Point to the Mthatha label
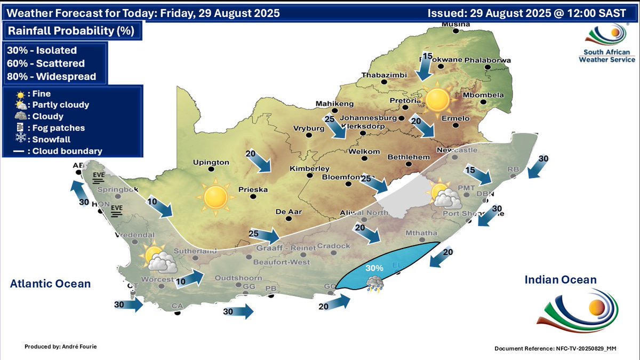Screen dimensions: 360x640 [421, 233]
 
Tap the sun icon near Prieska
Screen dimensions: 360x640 [215, 197]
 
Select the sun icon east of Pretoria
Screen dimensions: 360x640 [438, 99]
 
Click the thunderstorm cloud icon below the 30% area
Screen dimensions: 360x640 [375, 283]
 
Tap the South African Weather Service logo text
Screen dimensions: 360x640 [604, 56]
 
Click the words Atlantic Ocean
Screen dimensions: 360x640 [50, 284]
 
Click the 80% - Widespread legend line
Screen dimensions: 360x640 [52, 76]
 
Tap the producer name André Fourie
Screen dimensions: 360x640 [61, 347]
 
